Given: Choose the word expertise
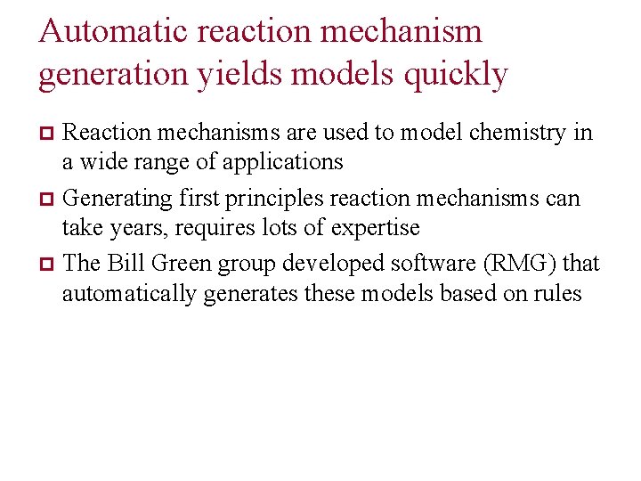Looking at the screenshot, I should point(375,228).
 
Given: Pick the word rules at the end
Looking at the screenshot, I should point(557,293).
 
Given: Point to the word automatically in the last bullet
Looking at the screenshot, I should point(128,293).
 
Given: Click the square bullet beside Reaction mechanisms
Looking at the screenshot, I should point(49,135).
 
